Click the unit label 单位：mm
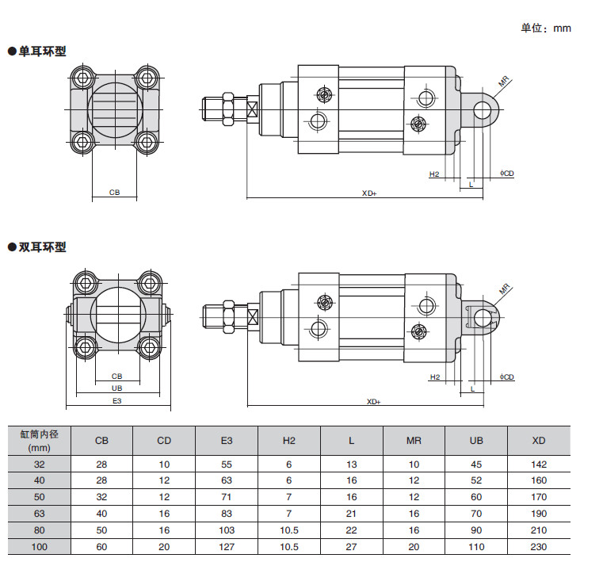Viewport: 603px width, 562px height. click(545, 29)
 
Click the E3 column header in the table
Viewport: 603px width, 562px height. click(227, 441)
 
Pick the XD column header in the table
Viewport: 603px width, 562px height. click(539, 441)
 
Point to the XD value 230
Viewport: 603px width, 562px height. click(539, 547)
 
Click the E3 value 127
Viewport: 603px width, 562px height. click(227, 547)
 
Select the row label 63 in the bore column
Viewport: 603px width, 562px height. click(40, 514)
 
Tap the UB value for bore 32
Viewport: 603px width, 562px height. click(476, 464)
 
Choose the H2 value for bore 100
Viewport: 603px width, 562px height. click(289, 547)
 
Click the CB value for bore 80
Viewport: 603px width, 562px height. click(102, 530)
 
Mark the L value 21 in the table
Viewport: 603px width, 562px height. click(352, 514)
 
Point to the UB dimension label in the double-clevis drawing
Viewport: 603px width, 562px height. click(117, 388)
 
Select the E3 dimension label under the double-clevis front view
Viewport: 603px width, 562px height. click(117, 402)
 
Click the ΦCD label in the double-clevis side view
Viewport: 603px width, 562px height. click(507, 377)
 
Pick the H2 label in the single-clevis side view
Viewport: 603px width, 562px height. click(434, 174)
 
